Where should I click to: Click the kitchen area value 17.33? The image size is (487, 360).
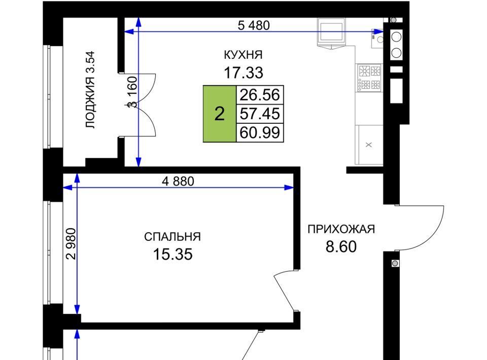[243, 73]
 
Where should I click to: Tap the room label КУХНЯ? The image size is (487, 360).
[243, 55]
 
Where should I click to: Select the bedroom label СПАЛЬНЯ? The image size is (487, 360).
[172, 237]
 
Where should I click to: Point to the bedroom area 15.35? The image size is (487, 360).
[172, 254]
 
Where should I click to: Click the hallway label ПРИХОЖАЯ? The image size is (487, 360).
[341, 229]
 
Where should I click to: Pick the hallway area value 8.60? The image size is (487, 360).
[341, 247]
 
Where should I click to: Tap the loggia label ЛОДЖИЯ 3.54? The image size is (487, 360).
[90, 90]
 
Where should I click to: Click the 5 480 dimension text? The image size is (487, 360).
[254, 25]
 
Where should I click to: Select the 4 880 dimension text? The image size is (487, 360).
[178, 181]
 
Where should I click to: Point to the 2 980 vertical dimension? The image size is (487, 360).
[71, 243]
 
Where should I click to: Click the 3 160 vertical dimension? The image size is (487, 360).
[132, 92]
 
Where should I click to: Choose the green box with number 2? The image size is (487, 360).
[220, 114]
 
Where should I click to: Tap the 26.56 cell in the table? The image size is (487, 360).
[260, 95]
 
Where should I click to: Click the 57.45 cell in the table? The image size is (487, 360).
[260, 114]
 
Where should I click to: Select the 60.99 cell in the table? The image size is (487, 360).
[260, 132]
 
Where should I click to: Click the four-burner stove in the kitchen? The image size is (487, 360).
[369, 78]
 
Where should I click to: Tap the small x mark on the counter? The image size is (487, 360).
[369, 145]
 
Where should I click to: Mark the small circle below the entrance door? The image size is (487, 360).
[395, 264]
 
